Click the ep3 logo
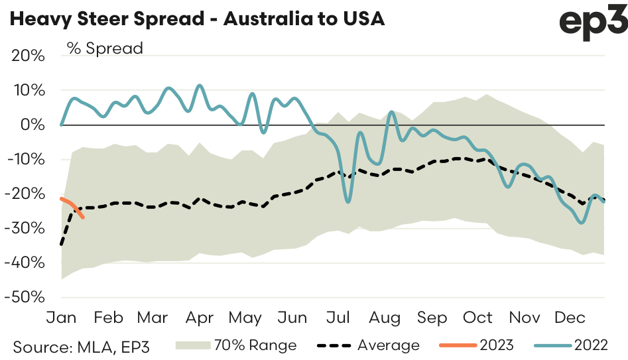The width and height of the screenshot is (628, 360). click(593, 24)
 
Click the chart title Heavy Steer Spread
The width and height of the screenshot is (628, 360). click(196, 19)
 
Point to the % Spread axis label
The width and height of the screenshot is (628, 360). click(104, 48)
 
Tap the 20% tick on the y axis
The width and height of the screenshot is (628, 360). click(28, 56)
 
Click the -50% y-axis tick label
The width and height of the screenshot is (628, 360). click(25, 296)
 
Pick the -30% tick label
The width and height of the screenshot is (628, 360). click(25, 228)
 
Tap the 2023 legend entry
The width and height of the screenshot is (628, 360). click(497, 345)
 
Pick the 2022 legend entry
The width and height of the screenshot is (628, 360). click(591, 345)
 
